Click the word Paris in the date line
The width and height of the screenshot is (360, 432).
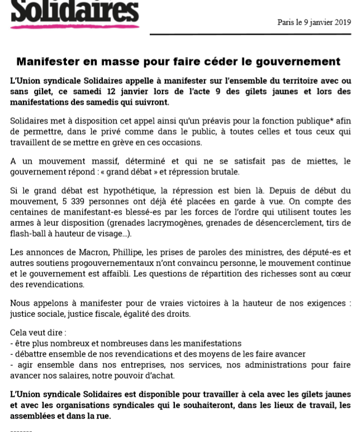coord(286,22)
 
